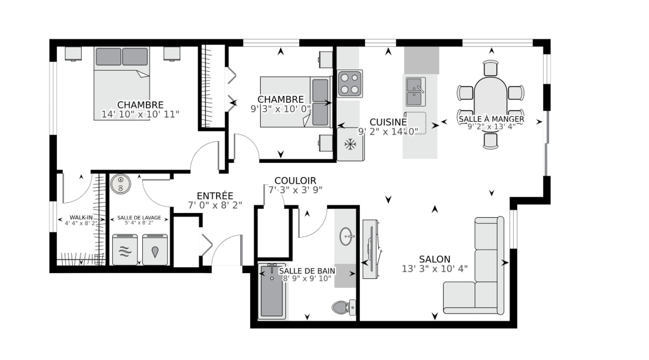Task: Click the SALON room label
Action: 435,259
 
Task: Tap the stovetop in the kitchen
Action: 350,83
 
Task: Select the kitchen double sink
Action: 416,92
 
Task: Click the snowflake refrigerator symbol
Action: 350,144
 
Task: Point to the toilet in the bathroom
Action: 344,307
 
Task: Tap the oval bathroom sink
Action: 347,236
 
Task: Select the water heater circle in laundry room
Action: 121,184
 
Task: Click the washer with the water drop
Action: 155,249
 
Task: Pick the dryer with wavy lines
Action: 125,249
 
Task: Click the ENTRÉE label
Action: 215,196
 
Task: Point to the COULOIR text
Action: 295,181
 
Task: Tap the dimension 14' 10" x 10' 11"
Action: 140,114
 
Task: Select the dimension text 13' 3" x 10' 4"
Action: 435,269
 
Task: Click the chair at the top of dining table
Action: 490,69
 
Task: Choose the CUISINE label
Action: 388,122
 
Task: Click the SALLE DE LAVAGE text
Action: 139,218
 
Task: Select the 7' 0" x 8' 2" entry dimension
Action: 215,206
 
